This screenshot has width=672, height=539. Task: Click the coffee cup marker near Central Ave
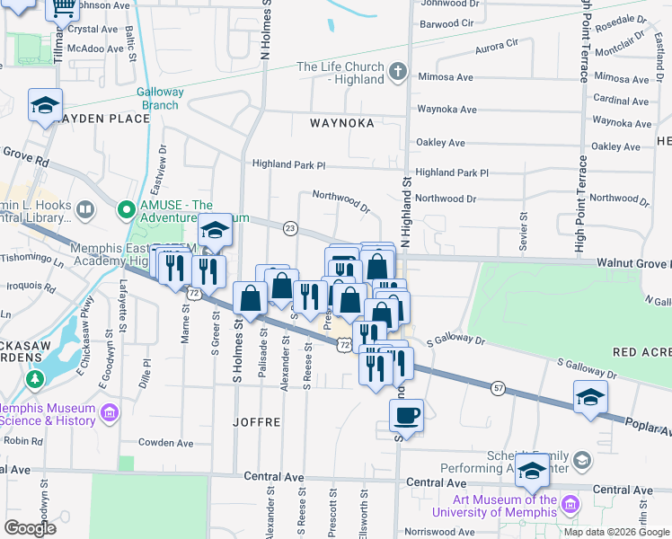(406, 416)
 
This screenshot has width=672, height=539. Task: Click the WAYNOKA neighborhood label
(341, 123)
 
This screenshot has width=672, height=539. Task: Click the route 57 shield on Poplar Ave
(499, 388)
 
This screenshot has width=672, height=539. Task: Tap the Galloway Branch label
(160, 99)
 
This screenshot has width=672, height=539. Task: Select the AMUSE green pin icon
(128, 212)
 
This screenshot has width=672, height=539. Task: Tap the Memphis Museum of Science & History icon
(110, 413)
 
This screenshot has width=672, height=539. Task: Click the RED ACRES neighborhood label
(641, 353)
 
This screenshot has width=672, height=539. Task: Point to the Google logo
(30, 528)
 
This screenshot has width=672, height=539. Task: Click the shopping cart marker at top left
(63, 7)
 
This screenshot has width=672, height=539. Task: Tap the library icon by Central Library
(85, 211)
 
